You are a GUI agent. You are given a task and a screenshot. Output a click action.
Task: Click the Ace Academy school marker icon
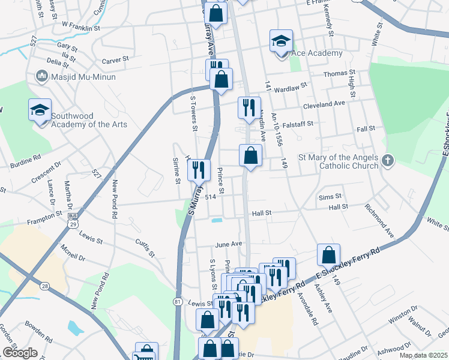tap(280, 42)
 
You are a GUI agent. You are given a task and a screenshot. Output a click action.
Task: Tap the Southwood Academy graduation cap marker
tap(40, 110)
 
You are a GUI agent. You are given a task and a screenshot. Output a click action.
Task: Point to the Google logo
tap(20, 353)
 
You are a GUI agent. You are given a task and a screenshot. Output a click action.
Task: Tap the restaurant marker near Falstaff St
tap(249, 108)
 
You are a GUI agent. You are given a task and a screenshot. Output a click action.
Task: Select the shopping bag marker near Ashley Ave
tap(328, 256)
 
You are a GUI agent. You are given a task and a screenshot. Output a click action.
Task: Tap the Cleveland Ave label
tap(324, 104)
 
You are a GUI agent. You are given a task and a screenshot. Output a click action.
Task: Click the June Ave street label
tap(228, 244)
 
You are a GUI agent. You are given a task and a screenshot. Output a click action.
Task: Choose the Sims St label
tap(330, 196)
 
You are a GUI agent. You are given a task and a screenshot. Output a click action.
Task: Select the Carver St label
tap(115, 60)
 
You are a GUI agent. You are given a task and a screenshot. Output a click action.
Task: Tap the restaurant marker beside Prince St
tap(199, 170)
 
